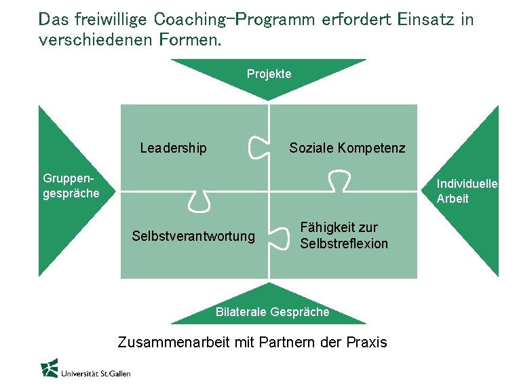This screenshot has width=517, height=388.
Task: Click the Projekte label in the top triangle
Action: [269, 74]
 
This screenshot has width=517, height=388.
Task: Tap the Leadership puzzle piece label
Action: [173, 148]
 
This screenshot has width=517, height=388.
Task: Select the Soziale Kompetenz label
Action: [347, 148]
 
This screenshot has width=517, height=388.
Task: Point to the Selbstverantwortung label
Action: [193, 236]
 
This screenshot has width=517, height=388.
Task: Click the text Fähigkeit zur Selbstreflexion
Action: [344, 235]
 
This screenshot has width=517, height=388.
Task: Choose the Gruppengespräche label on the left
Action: [71, 186]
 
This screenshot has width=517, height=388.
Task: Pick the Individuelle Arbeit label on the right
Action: [467, 191]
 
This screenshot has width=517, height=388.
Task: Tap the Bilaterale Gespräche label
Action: [272, 312]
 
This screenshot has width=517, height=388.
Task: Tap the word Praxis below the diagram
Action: [366, 342]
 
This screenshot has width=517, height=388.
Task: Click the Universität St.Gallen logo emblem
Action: [49, 368]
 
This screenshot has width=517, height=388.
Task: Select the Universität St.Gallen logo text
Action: [96, 372]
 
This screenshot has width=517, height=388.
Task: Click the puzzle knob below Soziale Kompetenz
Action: [337, 181]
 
